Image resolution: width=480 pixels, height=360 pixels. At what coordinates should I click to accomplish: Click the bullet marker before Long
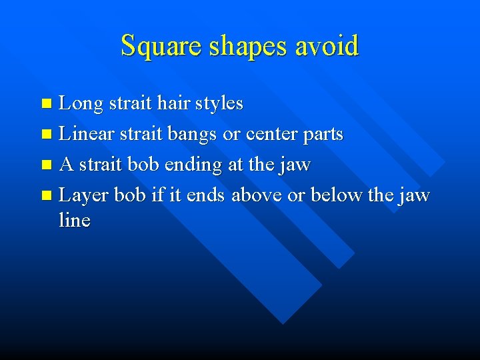click(45, 104)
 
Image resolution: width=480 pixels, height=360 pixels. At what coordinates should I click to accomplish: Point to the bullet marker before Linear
click(45, 135)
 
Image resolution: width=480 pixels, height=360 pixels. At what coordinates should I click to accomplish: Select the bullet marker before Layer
click(45, 196)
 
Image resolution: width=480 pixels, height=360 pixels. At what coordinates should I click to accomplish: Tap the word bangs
click(193, 135)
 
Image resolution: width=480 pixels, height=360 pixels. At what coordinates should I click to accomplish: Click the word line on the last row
click(74, 220)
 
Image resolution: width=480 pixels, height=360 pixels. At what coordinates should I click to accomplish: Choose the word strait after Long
click(130, 104)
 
